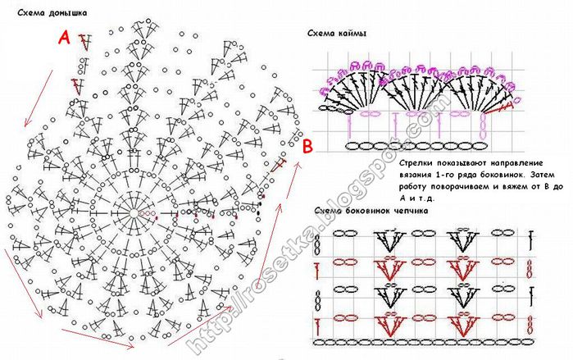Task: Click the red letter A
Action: (64, 37)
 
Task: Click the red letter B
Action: (308, 147)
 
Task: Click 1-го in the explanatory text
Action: (445, 175)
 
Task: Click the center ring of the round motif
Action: (134, 213)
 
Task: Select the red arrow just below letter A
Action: (38, 98)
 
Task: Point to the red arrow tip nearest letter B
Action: (299, 164)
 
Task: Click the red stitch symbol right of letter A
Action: (84, 42)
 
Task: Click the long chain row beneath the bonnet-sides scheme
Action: (423, 343)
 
